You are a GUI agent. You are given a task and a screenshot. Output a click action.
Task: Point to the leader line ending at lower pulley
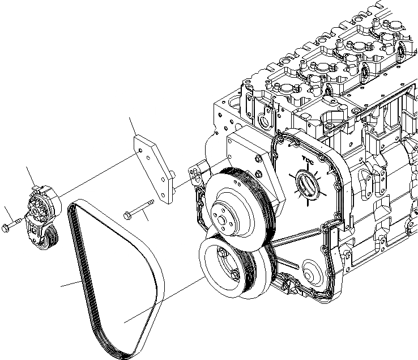point(164,300)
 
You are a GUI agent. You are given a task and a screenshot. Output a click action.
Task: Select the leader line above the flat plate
point(133,125)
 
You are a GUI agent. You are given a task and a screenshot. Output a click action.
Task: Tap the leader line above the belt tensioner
point(30,175)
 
